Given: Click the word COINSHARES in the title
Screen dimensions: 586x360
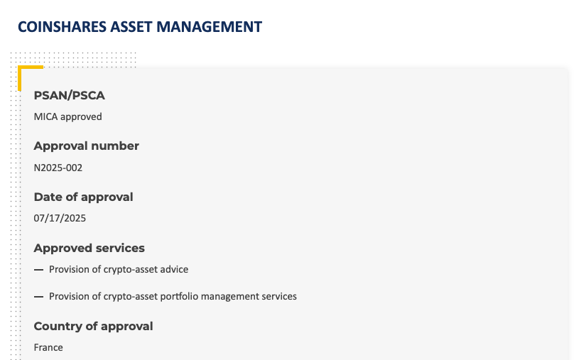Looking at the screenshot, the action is point(63,27).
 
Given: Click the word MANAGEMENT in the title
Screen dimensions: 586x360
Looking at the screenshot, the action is point(210,27).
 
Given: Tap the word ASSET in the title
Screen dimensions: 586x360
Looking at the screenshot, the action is point(131,27).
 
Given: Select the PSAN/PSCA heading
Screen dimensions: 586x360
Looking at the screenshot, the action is point(69,96).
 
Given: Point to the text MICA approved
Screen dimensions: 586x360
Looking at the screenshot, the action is point(67,117).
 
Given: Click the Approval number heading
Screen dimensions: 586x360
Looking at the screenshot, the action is point(87,146).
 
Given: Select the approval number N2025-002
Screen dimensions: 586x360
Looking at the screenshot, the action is point(58,168).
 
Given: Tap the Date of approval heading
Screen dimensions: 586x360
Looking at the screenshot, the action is point(83,197).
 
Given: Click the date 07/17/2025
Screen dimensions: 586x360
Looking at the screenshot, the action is point(60,218).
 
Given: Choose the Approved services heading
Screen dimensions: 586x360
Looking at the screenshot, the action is point(89,248).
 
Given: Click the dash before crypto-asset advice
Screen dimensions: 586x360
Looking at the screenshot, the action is point(38,270).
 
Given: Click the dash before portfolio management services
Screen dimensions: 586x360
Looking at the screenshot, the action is point(38,297).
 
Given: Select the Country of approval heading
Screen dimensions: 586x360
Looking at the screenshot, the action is point(94,327).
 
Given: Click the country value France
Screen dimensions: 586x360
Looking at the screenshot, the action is point(48,347).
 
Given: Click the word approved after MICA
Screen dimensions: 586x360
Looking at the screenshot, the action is point(81,117).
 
